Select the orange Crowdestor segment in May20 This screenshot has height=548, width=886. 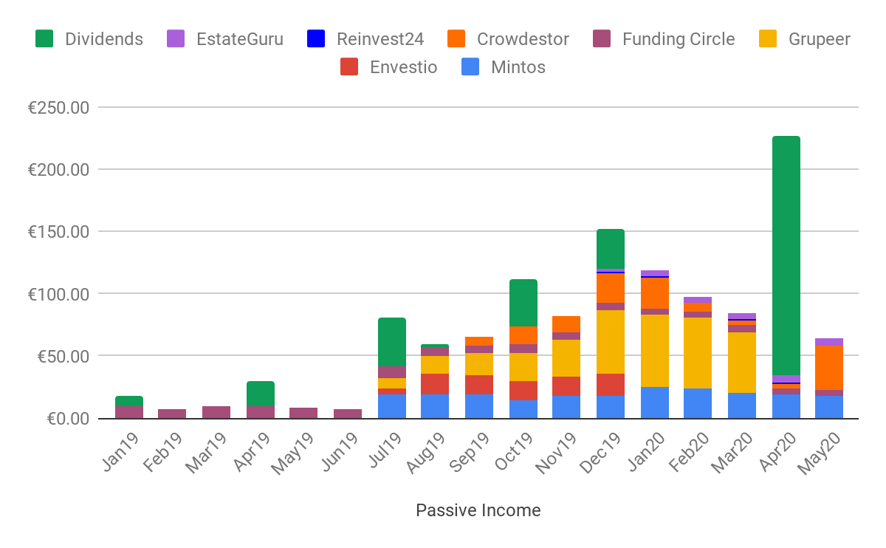[829, 368]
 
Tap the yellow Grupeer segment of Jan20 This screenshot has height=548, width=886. [654, 351]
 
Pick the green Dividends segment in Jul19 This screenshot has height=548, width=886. [392, 342]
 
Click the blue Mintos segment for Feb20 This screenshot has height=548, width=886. [698, 403]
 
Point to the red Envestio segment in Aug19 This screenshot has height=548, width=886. [435, 384]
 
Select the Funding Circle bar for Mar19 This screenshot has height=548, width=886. [216, 412]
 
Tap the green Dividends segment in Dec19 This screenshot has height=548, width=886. [611, 249]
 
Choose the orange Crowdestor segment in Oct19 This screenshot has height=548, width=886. [523, 335]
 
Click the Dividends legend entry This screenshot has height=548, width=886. [103, 39]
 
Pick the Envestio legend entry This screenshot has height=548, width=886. [403, 67]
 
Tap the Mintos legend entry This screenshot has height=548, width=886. [518, 67]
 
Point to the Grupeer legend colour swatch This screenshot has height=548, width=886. [769, 39]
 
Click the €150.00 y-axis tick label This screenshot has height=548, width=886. [58, 232]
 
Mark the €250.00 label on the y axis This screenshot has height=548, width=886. [58, 108]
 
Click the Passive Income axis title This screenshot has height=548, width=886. [478, 510]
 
